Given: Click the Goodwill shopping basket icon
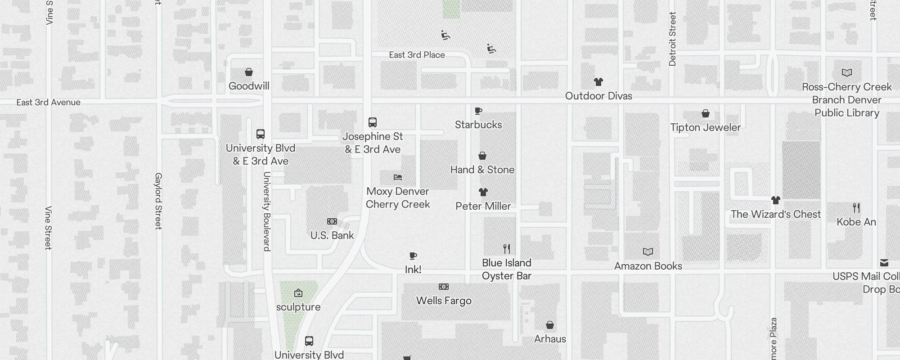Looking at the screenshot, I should tap(248, 72).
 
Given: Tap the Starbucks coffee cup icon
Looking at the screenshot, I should tap(478, 111).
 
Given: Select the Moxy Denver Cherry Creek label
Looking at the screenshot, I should tap(398, 198).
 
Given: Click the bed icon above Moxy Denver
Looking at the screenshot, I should tap(397, 177).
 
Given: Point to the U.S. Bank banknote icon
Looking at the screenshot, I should tap(332, 221).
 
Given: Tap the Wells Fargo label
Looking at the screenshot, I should tap(444, 301).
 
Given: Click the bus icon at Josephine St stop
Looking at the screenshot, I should tap(373, 122).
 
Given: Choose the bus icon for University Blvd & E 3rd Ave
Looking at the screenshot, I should tap(261, 134).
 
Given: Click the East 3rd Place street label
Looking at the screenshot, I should tap(417, 55).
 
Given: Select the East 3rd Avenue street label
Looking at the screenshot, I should tap(49, 103).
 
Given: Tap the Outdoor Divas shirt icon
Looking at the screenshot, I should tap(598, 82).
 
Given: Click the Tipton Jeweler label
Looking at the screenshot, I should tap(705, 127).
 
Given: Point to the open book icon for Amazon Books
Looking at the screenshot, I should tap(648, 252).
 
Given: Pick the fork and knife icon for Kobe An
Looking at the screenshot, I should tap(856, 208).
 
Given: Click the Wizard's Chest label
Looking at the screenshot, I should tap(775, 214).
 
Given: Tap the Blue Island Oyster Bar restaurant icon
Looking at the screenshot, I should tap(507, 249).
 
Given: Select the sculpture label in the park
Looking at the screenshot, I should tap(298, 307).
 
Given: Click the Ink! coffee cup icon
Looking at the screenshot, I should tap(413, 256).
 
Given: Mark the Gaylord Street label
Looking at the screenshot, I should tap(158, 201).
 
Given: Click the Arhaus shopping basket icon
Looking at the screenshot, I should tap(549, 325).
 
